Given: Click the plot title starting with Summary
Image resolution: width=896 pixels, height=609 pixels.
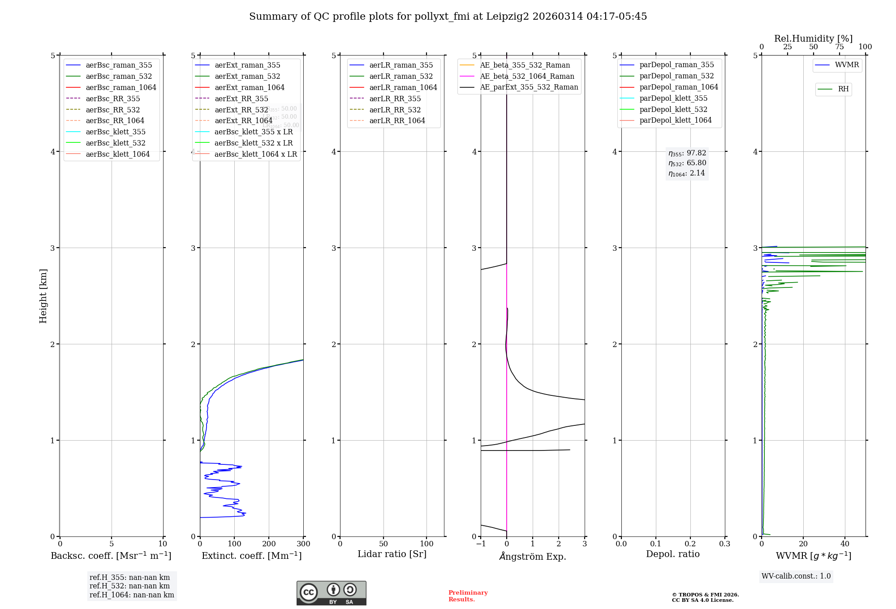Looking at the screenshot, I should click(x=448, y=17).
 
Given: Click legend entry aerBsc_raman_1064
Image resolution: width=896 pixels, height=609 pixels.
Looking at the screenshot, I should click(x=121, y=87).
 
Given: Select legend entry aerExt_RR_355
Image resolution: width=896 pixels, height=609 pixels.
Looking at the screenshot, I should click(x=241, y=99).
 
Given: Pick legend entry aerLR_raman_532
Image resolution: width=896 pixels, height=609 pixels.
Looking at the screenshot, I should click(x=401, y=76).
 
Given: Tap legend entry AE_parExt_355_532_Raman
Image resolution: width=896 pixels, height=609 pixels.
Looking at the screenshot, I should click(x=529, y=87).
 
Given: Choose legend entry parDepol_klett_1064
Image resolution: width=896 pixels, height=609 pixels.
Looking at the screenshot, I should click(x=675, y=120).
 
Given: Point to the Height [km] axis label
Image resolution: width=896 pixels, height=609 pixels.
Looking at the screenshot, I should click(x=43, y=296).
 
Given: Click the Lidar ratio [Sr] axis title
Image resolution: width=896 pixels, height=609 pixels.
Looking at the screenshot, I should click(x=392, y=554).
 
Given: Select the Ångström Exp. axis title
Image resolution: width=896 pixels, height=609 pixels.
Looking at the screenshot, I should click(x=533, y=556).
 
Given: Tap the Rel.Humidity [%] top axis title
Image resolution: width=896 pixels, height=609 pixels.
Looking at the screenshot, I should click(x=813, y=39).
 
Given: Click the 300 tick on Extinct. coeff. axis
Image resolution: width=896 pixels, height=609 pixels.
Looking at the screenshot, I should click(x=303, y=544).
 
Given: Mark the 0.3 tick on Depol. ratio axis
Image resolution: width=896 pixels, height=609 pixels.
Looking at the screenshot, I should click(x=724, y=544).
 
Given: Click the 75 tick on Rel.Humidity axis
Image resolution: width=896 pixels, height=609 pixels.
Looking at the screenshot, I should click(x=839, y=47).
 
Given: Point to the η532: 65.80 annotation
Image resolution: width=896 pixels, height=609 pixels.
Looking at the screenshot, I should click(x=687, y=163).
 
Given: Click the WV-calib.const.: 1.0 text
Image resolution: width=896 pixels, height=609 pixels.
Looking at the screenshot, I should click(x=796, y=576).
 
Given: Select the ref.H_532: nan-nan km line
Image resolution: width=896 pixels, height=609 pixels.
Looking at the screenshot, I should click(x=129, y=586).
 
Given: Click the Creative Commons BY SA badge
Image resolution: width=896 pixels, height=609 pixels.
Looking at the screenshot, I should click(x=331, y=593).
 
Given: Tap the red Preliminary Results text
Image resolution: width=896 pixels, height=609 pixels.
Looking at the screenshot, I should click(x=468, y=596).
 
